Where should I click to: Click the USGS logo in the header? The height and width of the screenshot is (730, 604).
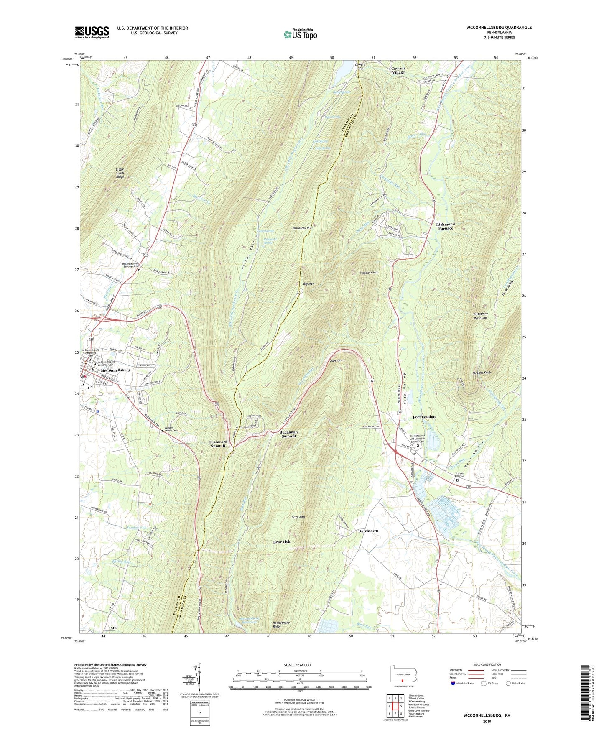pyautogui.click(x=92, y=32)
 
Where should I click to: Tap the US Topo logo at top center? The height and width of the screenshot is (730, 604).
pyautogui.click(x=300, y=34)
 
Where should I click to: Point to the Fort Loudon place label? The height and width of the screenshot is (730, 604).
pyautogui.click(x=424, y=417)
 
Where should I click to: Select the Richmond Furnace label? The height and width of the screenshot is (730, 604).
pyautogui.click(x=445, y=226)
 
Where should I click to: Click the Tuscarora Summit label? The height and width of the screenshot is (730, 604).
pyautogui.click(x=217, y=444)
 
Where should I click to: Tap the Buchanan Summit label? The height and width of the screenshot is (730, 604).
pyautogui.click(x=288, y=434)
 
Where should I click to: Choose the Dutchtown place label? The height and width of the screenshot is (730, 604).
pyautogui.click(x=368, y=531)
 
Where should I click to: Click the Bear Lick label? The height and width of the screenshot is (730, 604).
pyautogui.click(x=281, y=542)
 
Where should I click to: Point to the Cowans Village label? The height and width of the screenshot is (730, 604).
pyautogui.click(x=398, y=70)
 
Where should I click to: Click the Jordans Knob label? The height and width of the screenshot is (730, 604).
pyautogui.click(x=481, y=373)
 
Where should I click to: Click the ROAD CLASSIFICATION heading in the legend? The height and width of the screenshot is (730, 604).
pyautogui.click(x=487, y=664)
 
